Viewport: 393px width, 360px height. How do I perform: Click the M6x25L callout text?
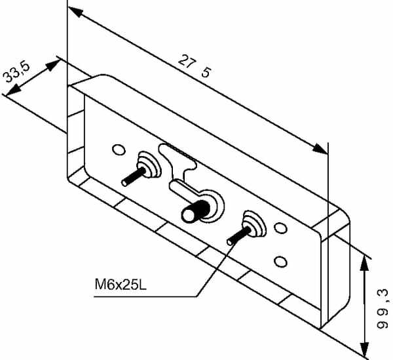click(x=121, y=285)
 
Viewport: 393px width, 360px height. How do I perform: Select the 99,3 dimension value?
click(x=383, y=309)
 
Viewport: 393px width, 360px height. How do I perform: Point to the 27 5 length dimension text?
click(x=195, y=66)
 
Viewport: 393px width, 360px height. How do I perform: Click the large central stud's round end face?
click(x=189, y=215)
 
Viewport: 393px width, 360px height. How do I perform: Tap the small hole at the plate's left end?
click(x=119, y=150)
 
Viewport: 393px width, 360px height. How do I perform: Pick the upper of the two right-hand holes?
click(x=281, y=228)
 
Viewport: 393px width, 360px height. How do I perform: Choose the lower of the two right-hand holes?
click(x=281, y=262)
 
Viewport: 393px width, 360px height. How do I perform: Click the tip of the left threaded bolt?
click(x=124, y=183)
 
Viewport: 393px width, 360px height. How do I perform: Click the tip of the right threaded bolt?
click(x=230, y=242)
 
